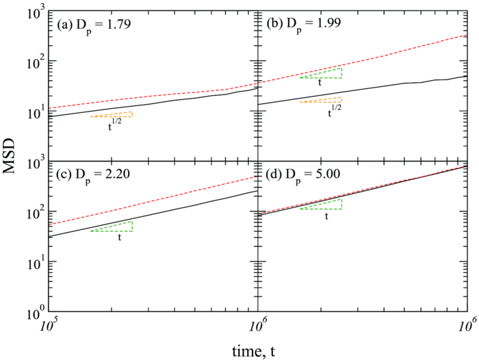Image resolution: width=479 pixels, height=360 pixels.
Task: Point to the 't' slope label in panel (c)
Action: (x=120, y=238)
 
